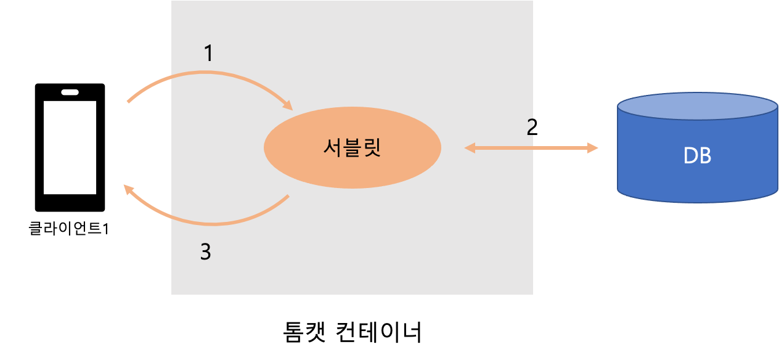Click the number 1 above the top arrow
point(208,54)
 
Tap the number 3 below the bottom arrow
point(206,252)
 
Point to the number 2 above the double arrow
point(530,128)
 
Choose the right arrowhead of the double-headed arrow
point(593,148)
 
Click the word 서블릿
point(353,148)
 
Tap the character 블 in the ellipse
point(353,148)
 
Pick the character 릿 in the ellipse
point(372,148)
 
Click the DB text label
point(698,157)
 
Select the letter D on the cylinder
point(691,157)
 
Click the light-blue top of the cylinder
point(698,106)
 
